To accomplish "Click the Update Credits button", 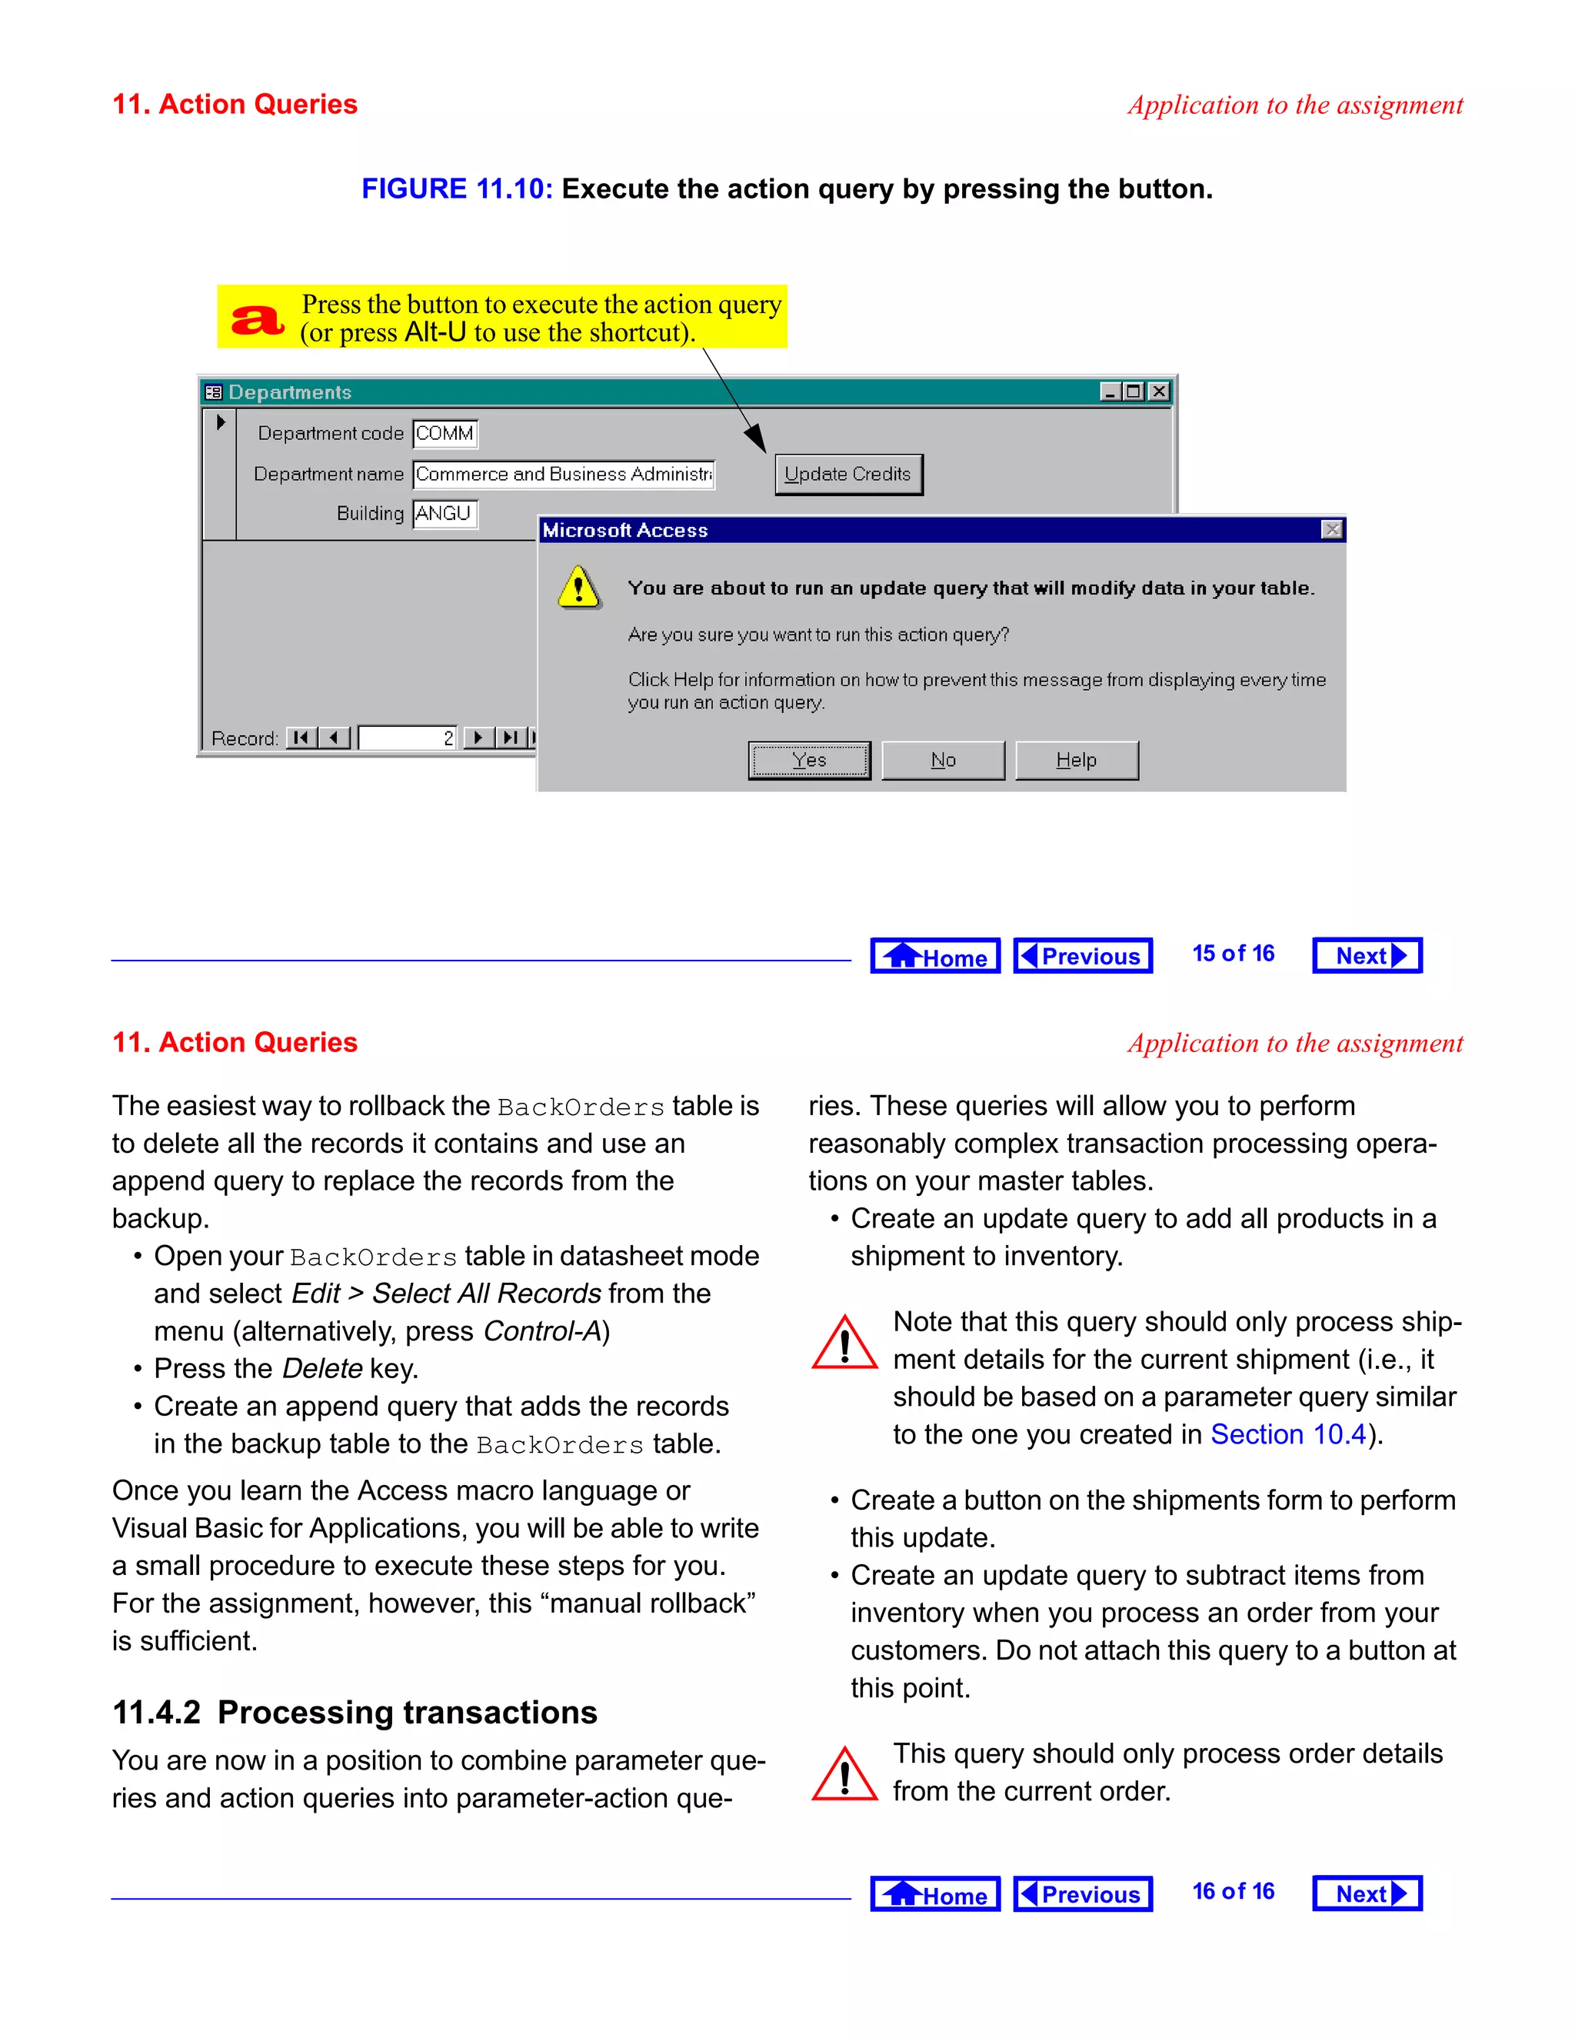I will pyautogui.click(x=847, y=474).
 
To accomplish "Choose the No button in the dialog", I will pyautogui.click(x=942, y=760).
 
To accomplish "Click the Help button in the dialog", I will pyautogui.click(x=1076, y=760).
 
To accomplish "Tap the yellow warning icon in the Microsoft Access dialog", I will pyautogui.click(x=578, y=588).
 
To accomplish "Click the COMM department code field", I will pyautogui.click(x=445, y=433).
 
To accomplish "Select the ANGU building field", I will pyautogui.click(x=445, y=513).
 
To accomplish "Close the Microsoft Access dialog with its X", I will pyautogui.click(x=1331, y=530).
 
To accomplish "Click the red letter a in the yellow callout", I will pyautogui.click(x=257, y=319).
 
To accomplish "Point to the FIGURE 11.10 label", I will pyautogui.click(x=458, y=189).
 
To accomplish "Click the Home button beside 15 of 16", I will pyautogui.click(x=935, y=955).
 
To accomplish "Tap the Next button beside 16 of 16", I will pyautogui.click(x=1366, y=1893).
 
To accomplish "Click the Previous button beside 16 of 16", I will pyautogui.click(x=1082, y=1893).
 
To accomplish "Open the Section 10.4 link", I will pyautogui.click(x=1287, y=1434).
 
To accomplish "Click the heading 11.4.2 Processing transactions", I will pyautogui.click(x=355, y=1713).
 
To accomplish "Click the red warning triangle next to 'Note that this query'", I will pyautogui.click(x=844, y=1344).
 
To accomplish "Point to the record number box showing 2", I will pyautogui.click(x=408, y=738).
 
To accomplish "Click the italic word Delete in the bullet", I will pyautogui.click(x=322, y=1369).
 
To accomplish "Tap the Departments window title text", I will pyautogui.click(x=290, y=392).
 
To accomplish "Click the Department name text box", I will pyautogui.click(x=563, y=474).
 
